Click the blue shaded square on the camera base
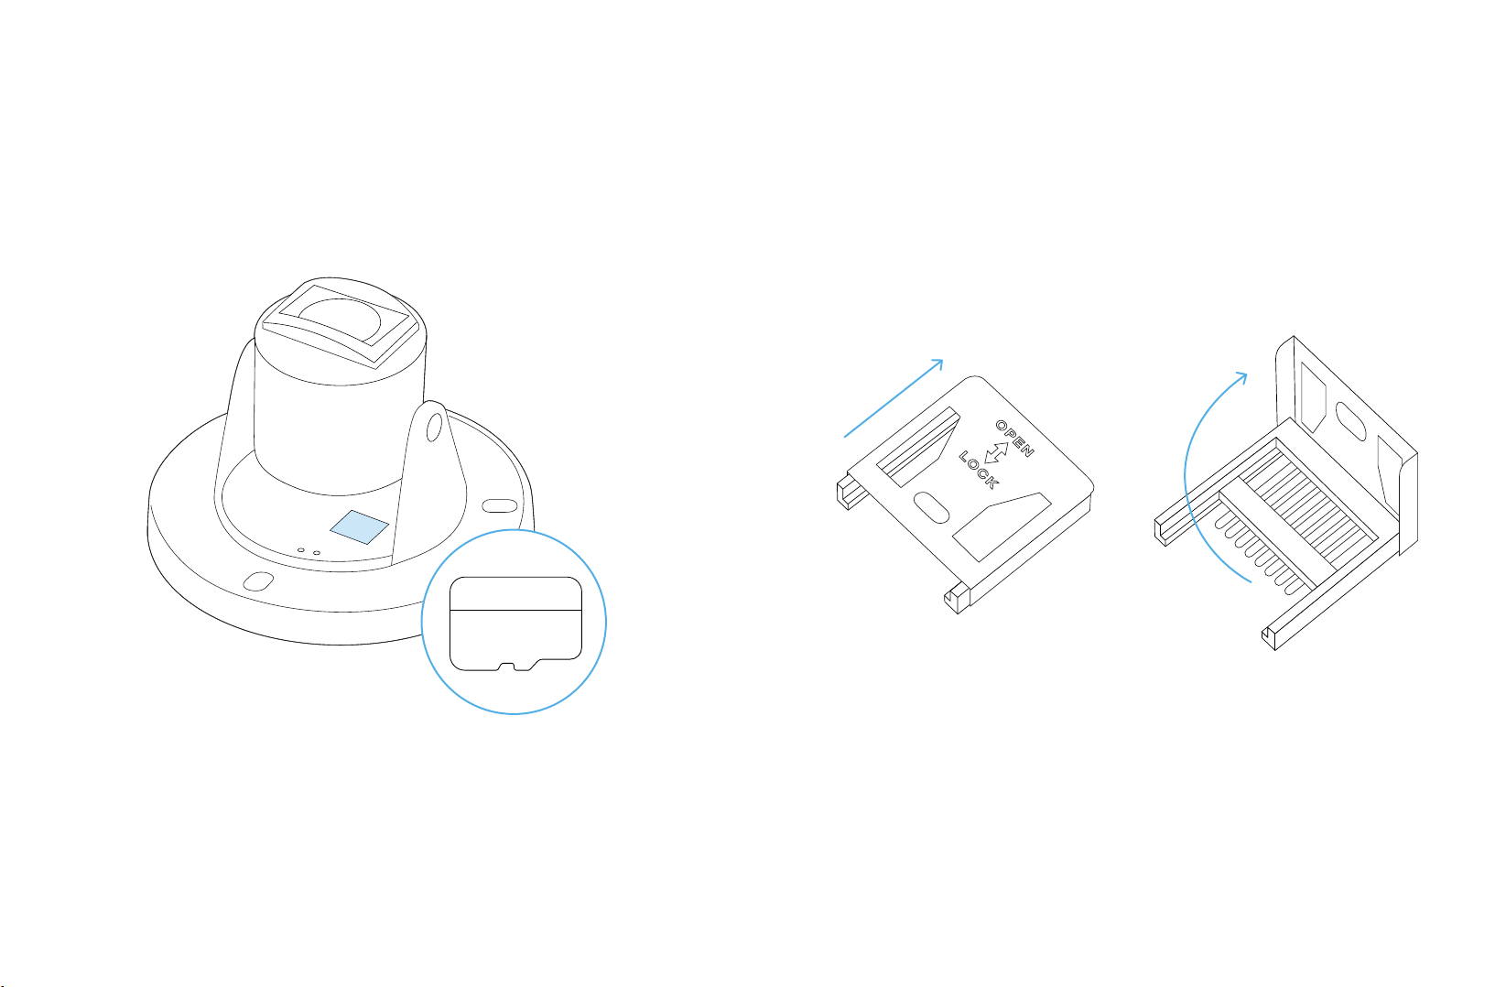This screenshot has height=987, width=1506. point(359,526)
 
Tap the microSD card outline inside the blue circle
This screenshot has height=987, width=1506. point(515,624)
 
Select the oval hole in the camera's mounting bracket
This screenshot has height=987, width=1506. point(434,427)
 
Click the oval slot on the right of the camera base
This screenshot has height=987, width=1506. point(500,505)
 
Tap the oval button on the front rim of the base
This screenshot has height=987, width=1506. point(258,580)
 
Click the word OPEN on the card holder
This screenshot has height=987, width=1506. point(1014,439)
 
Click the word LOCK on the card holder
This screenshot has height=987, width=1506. point(979,470)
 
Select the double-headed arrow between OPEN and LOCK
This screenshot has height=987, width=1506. point(996,453)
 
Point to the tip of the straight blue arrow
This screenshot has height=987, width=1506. point(943,361)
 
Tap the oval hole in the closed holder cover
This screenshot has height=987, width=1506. point(931,507)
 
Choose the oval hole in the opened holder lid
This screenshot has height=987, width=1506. point(1350,421)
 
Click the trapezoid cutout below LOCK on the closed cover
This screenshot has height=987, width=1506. point(1002,526)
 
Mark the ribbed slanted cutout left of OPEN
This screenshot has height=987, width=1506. point(917,447)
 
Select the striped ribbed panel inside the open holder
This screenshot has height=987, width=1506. point(1307,504)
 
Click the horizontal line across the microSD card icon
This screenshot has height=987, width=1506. point(515,610)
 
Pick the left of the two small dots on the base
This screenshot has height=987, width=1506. point(300,550)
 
